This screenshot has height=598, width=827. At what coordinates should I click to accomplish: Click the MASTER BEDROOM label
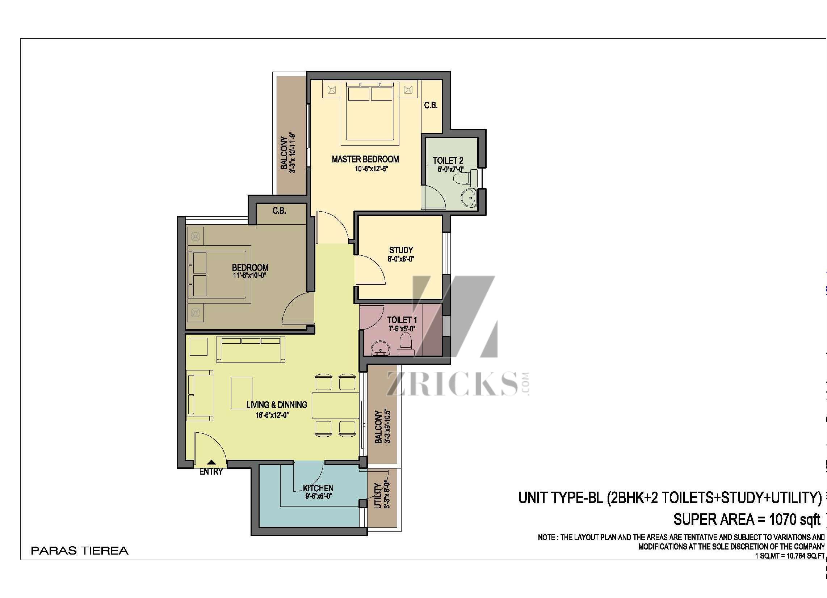coord(365,159)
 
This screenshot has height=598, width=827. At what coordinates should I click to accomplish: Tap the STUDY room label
coord(401,250)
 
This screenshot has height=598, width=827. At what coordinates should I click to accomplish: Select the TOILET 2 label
coord(448,160)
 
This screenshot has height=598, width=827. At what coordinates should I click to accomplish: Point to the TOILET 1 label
coord(402,320)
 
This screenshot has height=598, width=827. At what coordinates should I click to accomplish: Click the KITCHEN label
coord(318,488)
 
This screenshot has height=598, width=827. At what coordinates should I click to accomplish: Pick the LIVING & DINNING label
coord(277,404)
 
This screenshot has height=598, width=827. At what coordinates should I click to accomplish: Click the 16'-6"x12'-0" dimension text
coord(272,415)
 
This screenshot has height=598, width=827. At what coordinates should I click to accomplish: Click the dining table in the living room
coord(335,405)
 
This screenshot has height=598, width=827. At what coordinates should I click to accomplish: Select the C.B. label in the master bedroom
coord(431,105)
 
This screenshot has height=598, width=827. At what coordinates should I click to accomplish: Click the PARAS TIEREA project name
coord(80,551)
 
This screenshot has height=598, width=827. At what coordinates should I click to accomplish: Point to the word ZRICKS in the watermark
coord(452,384)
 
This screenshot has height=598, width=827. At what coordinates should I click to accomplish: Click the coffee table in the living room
coord(242,393)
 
